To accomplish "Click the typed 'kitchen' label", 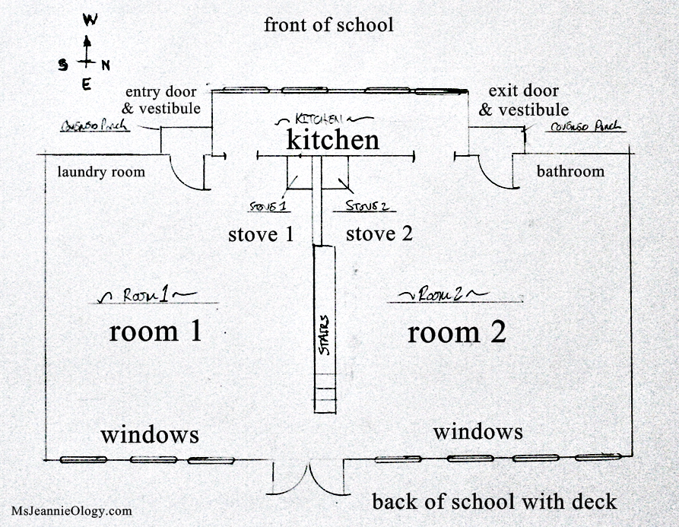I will pyautogui.click(x=332, y=141).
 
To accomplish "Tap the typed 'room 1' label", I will pyautogui.click(x=155, y=332).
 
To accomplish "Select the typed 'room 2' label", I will pyautogui.click(x=456, y=332).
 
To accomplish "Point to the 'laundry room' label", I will pyautogui.click(x=101, y=172).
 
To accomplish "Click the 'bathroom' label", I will pyautogui.click(x=570, y=171).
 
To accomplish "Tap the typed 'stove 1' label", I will pyautogui.click(x=261, y=234).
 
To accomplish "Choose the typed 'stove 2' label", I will pyautogui.click(x=379, y=234).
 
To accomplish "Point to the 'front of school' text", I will pyautogui.click(x=328, y=25).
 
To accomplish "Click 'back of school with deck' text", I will pyautogui.click(x=494, y=502).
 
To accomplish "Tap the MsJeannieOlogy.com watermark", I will pyautogui.click(x=71, y=512).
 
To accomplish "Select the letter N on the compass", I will pyautogui.click(x=106, y=65).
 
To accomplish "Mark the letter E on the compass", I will pyautogui.click(x=86, y=84).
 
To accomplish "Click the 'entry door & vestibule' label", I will pyautogui.click(x=163, y=100).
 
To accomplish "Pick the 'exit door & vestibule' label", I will pyautogui.click(x=524, y=100).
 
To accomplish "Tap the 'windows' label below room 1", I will pyautogui.click(x=150, y=435).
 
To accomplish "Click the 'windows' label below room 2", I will pyautogui.click(x=478, y=432).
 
